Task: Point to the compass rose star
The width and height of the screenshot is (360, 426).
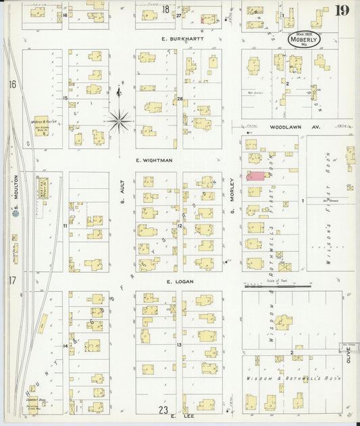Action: point(120,121)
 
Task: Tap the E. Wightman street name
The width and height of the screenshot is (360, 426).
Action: point(153,160)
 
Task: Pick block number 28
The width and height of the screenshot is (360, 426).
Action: point(180,99)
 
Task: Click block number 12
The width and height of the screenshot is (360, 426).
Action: point(180,225)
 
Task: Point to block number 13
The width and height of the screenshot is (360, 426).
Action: point(180,344)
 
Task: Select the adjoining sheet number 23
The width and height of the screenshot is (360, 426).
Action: point(163,409)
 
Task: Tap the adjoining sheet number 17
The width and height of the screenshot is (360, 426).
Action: point(11,280)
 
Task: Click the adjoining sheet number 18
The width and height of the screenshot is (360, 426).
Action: point(165,9)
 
